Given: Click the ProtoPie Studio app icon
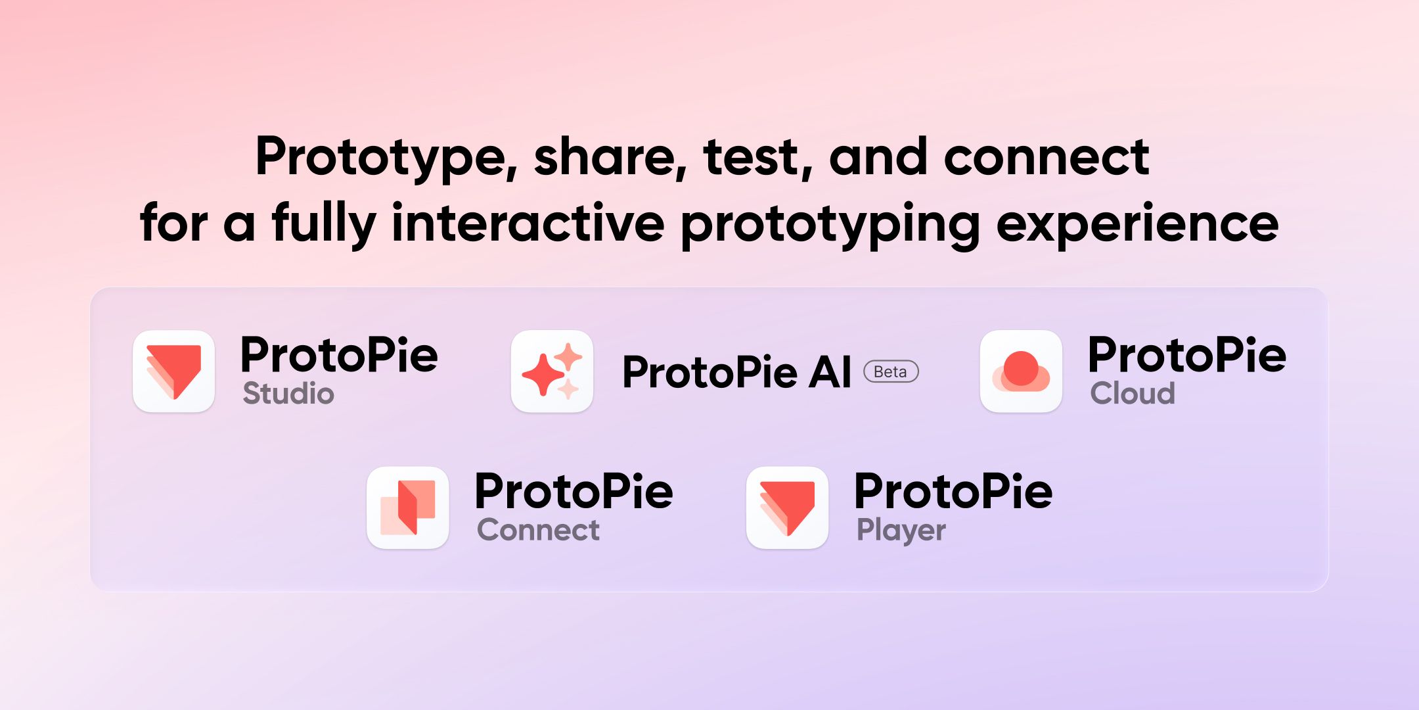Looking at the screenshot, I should [x=173, y=371].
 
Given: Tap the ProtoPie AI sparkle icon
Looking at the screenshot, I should [x=552, y=371].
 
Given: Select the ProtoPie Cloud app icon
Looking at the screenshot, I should [x=1021, y=371].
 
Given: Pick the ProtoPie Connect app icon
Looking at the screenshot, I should [x=407, y=508].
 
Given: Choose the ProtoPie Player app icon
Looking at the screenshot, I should [x=787, y=508].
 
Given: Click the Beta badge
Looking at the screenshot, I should [x=891, y=372].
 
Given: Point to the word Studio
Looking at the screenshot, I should [x=288, y=394].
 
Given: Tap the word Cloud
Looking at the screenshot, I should [x=1133, y=394].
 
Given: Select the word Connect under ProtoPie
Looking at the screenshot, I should [x=538, y=530].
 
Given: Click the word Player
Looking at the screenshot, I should [x=901, y=531].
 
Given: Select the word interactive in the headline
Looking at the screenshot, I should [x=528, y=224].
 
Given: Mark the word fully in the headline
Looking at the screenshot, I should [x=324, y=224].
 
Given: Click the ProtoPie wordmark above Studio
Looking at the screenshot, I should [x=339, y=355].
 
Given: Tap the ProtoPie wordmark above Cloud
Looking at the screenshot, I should [x=1186, y=355].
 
